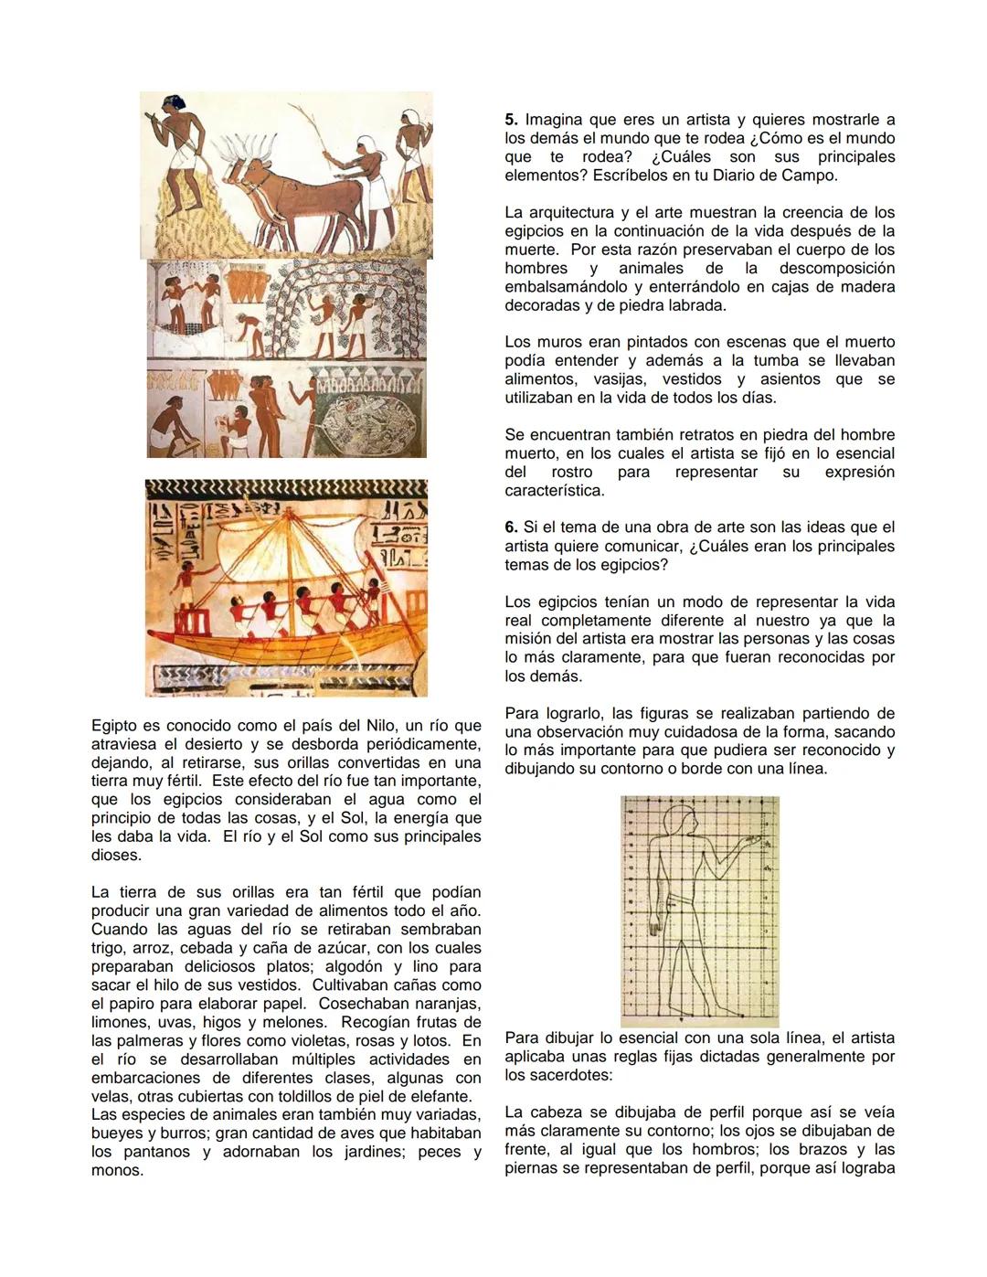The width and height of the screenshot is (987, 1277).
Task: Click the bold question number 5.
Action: pos(510,120)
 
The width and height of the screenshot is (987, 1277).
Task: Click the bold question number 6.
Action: pos(510,527)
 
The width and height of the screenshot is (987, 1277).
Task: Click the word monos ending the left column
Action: pos(116,1170)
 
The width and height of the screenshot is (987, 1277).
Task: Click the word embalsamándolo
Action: pos(565,287)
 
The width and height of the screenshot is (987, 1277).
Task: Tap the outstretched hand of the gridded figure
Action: pos(755,838)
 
